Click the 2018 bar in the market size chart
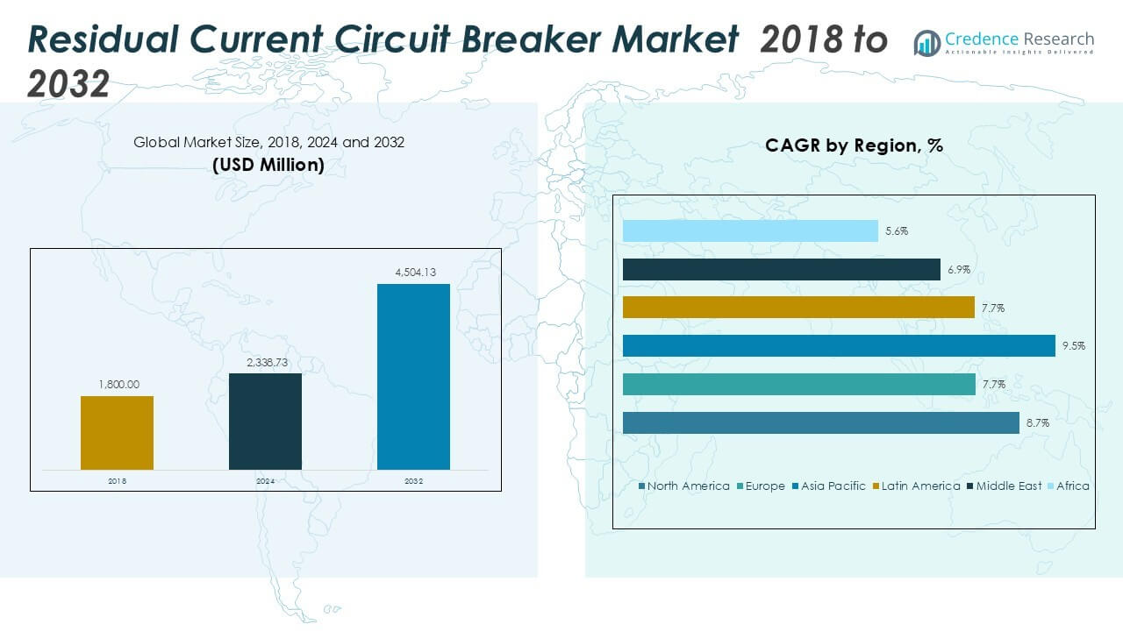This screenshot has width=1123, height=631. click(117, 433)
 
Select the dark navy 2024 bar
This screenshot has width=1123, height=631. click(265, 422)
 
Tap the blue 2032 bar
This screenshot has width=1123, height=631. click(413, 377)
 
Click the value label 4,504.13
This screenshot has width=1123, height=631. click(413, 273)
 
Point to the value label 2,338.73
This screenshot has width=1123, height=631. click(265, 362)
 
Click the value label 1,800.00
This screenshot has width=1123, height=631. click(117, 385)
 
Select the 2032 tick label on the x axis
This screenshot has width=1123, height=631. click(413, 481)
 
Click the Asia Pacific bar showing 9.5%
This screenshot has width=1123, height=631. click(838, 345)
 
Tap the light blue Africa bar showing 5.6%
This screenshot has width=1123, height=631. click(749, 230)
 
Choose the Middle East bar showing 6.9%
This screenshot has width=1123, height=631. click(781, 269)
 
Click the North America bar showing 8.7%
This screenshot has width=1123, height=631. click(820, 422)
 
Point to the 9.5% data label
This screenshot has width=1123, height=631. click(1073, 346)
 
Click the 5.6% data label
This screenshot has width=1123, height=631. click(896, 231)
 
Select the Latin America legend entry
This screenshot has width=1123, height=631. click(920, 486)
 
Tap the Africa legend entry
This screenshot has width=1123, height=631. click(1072, 486)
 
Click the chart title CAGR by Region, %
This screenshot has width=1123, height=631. click(854, 145)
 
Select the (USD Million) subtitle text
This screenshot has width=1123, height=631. click(268, 165)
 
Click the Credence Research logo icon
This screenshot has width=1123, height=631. click(926, 42)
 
